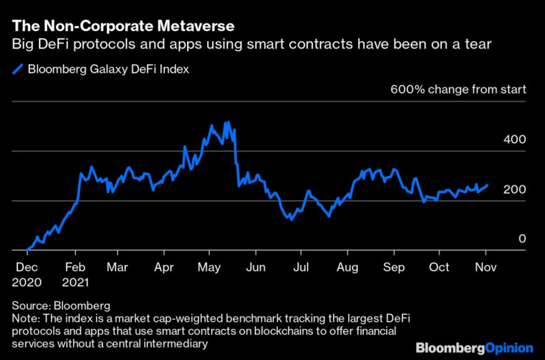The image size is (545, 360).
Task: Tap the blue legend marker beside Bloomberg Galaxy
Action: [18, 70]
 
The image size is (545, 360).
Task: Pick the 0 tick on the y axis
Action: [522, 238]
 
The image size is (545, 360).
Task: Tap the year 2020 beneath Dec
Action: [28, 280]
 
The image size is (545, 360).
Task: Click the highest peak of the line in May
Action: [226, 122]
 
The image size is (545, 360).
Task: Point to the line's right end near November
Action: [487, 186]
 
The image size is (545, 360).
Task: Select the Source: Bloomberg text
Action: [60, 305]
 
